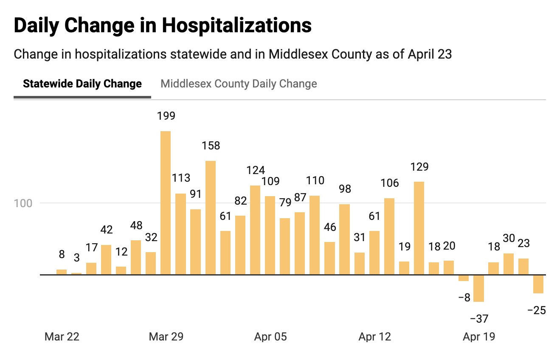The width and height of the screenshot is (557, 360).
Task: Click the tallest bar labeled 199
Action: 166,202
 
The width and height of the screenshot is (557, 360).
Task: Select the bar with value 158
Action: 211,217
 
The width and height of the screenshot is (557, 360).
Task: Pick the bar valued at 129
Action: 419,228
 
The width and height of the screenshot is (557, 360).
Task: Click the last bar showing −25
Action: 538,284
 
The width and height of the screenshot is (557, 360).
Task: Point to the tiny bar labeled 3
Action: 76,273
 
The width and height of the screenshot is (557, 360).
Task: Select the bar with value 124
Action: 255,230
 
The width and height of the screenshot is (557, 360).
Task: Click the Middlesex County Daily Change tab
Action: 239,84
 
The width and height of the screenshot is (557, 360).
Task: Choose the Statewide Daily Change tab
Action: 82,84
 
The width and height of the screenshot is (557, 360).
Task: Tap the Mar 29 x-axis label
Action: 166,337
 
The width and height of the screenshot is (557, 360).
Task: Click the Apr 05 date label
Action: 270,337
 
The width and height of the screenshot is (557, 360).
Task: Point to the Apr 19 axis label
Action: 479,337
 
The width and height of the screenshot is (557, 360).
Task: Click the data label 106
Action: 390,183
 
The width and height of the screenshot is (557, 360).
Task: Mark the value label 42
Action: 106,230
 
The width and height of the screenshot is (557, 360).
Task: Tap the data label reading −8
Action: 464,297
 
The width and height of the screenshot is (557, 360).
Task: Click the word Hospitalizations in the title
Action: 236,25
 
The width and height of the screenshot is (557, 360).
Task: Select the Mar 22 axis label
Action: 62,337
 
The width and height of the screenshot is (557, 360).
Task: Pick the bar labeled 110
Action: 315,235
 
